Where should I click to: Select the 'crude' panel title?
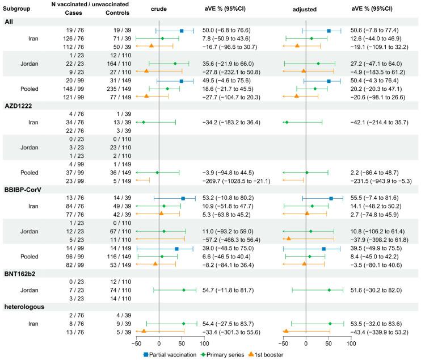pyautogui.click(x=159, y=10)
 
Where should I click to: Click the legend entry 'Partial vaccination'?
pyautogui.click(x=174, y=354)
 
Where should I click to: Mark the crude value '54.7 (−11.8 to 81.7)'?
pyautogui.click(x=233, y=290)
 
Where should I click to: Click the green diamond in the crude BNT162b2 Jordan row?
pyautogui.click(x=184, y=290)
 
